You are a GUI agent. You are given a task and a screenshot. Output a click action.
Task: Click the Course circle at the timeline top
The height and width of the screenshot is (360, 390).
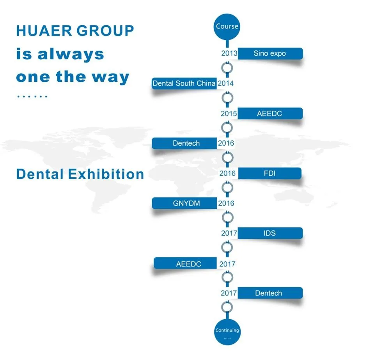tap(227, 27)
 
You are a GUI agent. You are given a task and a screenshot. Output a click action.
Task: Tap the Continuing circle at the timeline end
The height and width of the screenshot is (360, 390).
tap(227, 332)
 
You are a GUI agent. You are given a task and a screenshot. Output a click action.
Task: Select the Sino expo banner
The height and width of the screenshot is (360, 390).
tap(270, 53)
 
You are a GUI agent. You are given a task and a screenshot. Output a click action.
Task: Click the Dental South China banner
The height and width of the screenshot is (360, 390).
tap(184, 83)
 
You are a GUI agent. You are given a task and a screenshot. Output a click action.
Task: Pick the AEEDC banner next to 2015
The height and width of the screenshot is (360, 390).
tap(270, 113)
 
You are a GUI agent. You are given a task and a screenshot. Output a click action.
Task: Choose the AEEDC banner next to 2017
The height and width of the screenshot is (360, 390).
tap(185, 263)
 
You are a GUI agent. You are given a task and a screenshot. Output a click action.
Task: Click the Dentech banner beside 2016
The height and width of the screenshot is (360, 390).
tap(184, 143)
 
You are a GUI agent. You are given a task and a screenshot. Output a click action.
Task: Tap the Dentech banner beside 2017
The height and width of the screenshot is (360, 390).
tap(270, 293)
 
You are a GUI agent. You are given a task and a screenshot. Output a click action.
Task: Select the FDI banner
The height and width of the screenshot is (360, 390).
tap(269, 173)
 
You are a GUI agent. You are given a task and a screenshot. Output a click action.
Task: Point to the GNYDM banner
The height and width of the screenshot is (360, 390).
tap(184, 203)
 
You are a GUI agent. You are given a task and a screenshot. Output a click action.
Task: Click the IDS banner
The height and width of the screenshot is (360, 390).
tap(270, 233)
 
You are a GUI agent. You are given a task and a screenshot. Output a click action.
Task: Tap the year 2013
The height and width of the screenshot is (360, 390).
tap(229, 53)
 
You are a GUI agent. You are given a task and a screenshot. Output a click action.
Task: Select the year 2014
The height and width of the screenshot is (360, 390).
tap(225, 83)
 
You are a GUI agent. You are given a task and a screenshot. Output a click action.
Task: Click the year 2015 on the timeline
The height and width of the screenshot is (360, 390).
tap(229, 113)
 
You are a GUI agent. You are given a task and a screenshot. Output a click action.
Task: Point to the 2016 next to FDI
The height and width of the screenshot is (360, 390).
tap(227, 173)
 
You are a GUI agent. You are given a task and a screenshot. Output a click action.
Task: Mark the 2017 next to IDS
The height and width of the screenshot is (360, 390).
tap(229, 233)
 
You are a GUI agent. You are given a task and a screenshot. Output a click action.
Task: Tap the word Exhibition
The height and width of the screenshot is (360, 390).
tap(106, 174)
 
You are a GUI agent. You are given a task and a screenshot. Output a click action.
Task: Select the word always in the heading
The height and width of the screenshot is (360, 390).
tap(71, 55)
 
